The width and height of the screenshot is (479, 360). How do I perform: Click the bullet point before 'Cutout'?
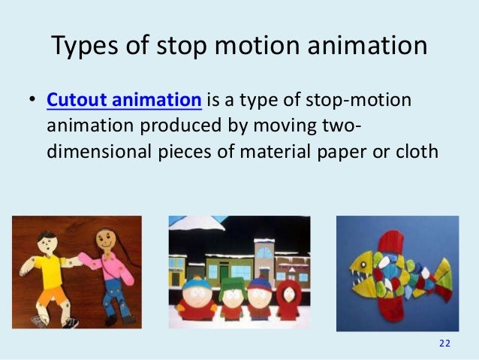point(31,101)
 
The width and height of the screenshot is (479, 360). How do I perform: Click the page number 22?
point(444,343)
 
